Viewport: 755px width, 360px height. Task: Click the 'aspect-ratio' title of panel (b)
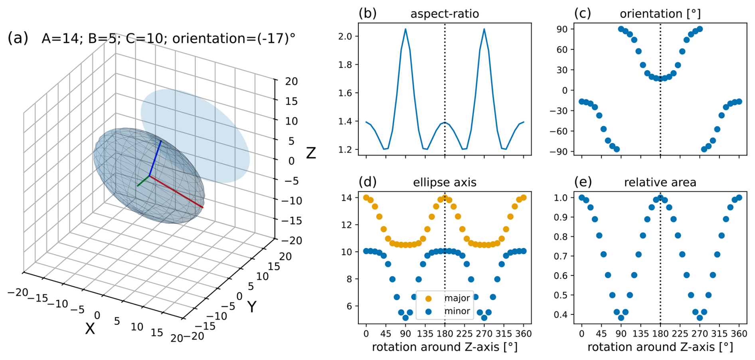[445, 14]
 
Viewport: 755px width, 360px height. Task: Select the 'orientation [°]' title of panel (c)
[660, 14]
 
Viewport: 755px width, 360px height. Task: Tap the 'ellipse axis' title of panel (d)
[445, 182]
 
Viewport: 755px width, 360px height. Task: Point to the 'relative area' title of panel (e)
[660, 182]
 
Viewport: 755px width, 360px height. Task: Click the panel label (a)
[18, 38]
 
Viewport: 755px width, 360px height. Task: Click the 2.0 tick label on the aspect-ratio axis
[345, 36]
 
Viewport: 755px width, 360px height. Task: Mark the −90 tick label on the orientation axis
[559, 152]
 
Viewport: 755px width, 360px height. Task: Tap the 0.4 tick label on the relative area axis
[561, 315]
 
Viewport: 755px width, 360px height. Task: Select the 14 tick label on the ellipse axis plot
[346, 198]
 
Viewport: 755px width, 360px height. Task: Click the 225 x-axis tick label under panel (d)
[464, 334]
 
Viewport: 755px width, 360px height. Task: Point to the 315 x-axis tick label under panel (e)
[719, 334]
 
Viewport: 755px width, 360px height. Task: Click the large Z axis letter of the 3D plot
[311, 153]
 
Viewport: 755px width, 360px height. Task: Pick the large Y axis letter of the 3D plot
[251, 307]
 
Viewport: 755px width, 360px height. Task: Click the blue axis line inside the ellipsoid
[156, 158]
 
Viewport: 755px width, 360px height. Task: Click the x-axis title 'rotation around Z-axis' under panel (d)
[445, 347]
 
